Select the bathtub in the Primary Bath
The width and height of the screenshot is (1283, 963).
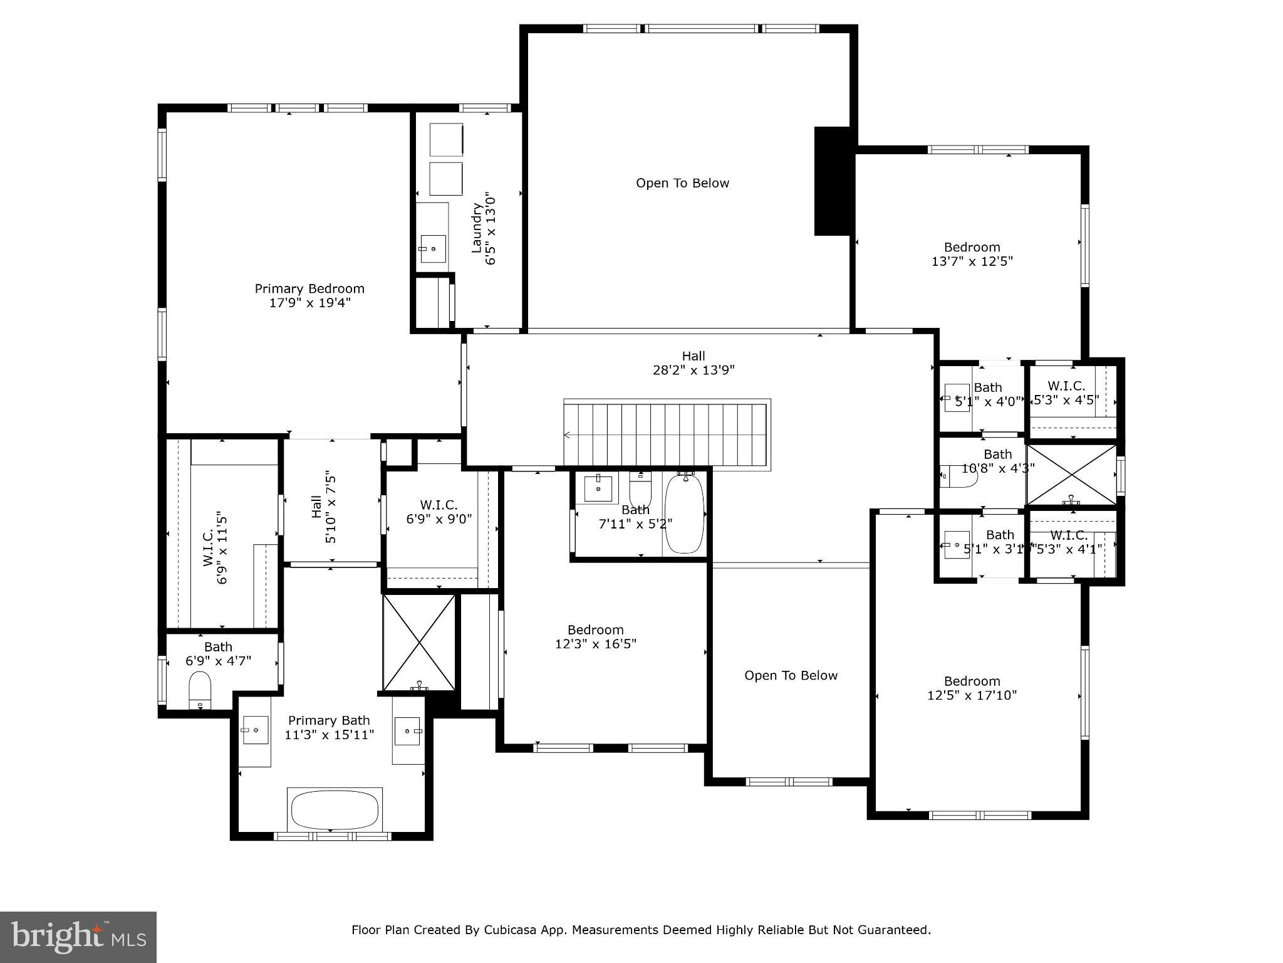[x=335, y=809]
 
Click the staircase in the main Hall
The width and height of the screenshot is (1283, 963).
[x=666, y=434]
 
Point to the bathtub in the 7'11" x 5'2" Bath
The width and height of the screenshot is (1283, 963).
[x=684, y=514]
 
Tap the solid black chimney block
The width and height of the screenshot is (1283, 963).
[x=832, y=181]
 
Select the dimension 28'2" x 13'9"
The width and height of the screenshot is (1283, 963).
[x=693, y=371]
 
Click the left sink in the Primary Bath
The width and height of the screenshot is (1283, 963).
[x=255, y=730]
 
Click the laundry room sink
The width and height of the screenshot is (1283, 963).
[x=432, y=249]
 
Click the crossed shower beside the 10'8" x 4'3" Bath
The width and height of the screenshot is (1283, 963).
[x=1072, y=475]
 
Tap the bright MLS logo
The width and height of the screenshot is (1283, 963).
[x=78, y=937]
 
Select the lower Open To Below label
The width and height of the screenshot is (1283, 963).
[x=791, y=676]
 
